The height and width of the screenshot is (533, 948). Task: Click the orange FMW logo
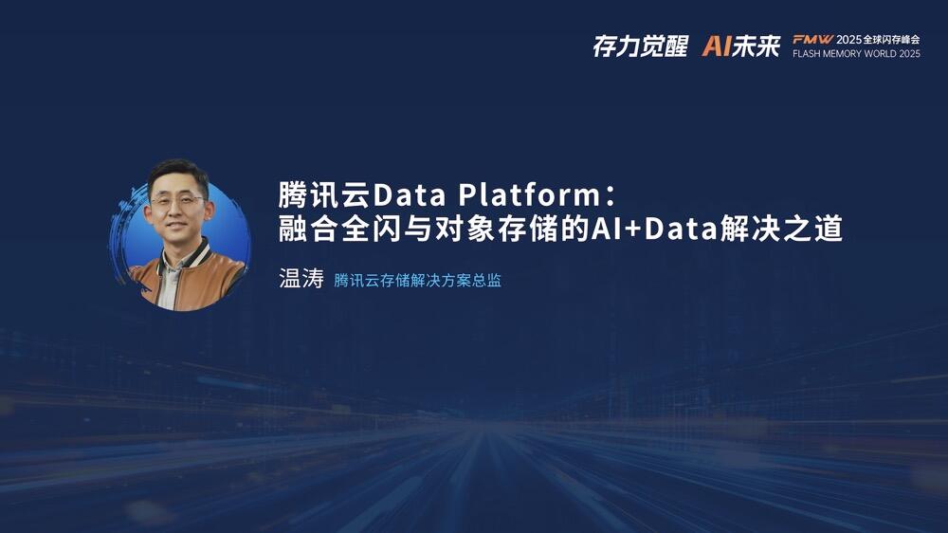pyautogui.click(x=812, y=39)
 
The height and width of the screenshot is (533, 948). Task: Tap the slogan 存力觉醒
pyautogui.click(x=640, y=46)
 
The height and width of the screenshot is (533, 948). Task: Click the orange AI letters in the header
pyautogui.click(x=717, y=46)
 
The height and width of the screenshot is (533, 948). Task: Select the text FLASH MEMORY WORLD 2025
pyautogui.click(x=856, y=54)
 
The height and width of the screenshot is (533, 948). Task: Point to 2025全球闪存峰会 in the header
pyautogui.click(x=878, y=39)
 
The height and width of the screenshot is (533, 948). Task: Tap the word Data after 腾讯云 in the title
pyautogui.click(x=410, y=194)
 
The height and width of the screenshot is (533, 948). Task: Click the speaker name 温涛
pyautogui.click(x=301, y=278)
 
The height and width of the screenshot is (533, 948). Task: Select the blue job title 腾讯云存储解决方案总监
pyautogui.click(x=418, y=280)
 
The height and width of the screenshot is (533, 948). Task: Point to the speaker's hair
pyautogui.click(x=178, y=173)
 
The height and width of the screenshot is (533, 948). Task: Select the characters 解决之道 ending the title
pyautogui.click(x=781, y=230)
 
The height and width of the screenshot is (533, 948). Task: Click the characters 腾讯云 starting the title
pyautogui.click(x=325, y=194)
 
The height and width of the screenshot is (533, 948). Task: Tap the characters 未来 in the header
pyautogui.click(x=757, y=46)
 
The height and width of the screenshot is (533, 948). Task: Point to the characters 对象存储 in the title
pyautogui.click(x=497, y=230)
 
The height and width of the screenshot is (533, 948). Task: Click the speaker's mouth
pyautogui.click(x=175, y=225)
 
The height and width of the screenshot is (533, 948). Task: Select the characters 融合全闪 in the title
pyautogui.click(x=340, y=230)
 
